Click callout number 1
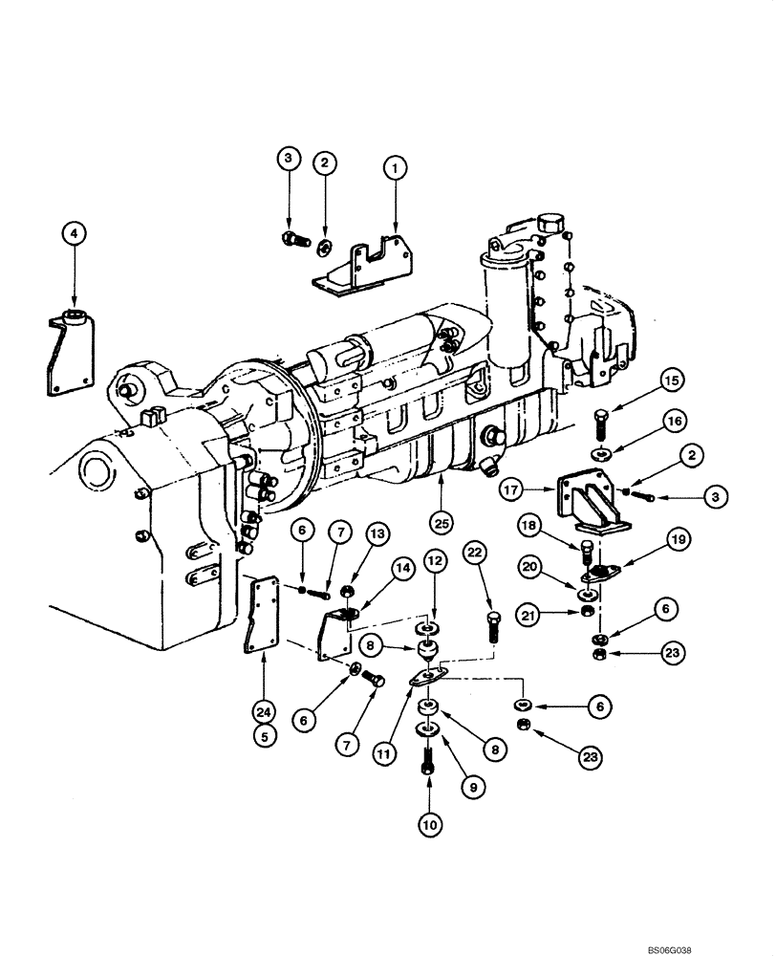392,167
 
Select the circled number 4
74,231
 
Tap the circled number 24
263,710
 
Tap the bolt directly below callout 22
493,627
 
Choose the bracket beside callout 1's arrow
368,265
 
